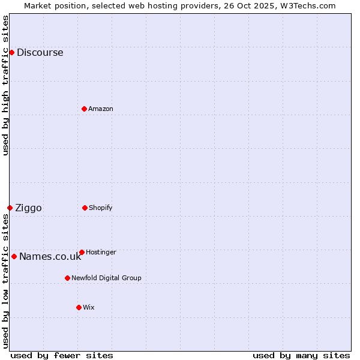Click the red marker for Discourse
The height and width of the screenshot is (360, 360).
coord(11,52)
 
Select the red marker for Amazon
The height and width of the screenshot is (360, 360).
coord(84,109)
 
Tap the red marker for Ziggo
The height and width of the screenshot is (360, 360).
coord(10,208)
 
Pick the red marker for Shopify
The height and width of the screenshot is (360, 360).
coord(85,208)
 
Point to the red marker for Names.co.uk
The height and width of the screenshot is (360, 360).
coord(14,256)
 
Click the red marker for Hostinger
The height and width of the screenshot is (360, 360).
coord(82,252)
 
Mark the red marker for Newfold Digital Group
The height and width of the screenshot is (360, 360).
coord(67,278)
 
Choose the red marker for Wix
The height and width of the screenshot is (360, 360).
coord(79,307)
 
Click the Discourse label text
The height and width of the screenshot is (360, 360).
coord(40,52)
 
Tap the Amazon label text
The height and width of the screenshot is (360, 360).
coord(101,109)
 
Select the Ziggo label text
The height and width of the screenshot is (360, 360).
coord(28,208)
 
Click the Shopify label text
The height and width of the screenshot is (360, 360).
coord(101,208)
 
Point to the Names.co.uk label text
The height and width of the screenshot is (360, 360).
coord(50,256)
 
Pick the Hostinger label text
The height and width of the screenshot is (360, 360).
coord(101,252)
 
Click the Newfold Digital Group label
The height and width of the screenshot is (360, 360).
coord(106,278)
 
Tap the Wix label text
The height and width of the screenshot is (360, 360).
coord(89,307)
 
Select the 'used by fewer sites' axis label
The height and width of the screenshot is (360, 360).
coord(62,355)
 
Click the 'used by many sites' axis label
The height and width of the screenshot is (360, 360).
coord(301,355)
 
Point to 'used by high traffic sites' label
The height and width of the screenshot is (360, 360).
coord(5,85)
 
